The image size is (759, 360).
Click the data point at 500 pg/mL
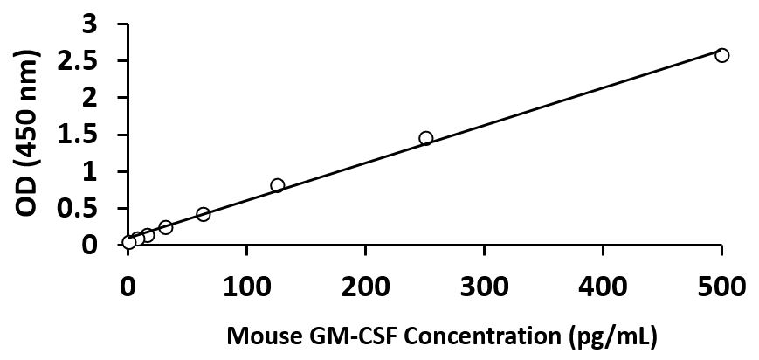721,55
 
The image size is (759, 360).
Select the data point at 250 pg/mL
425,138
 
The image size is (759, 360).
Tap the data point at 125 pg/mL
277,185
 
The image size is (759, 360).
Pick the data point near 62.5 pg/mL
203,214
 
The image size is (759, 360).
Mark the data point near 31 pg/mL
165,227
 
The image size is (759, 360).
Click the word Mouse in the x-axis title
255,335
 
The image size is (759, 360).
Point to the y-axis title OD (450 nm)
29,135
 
